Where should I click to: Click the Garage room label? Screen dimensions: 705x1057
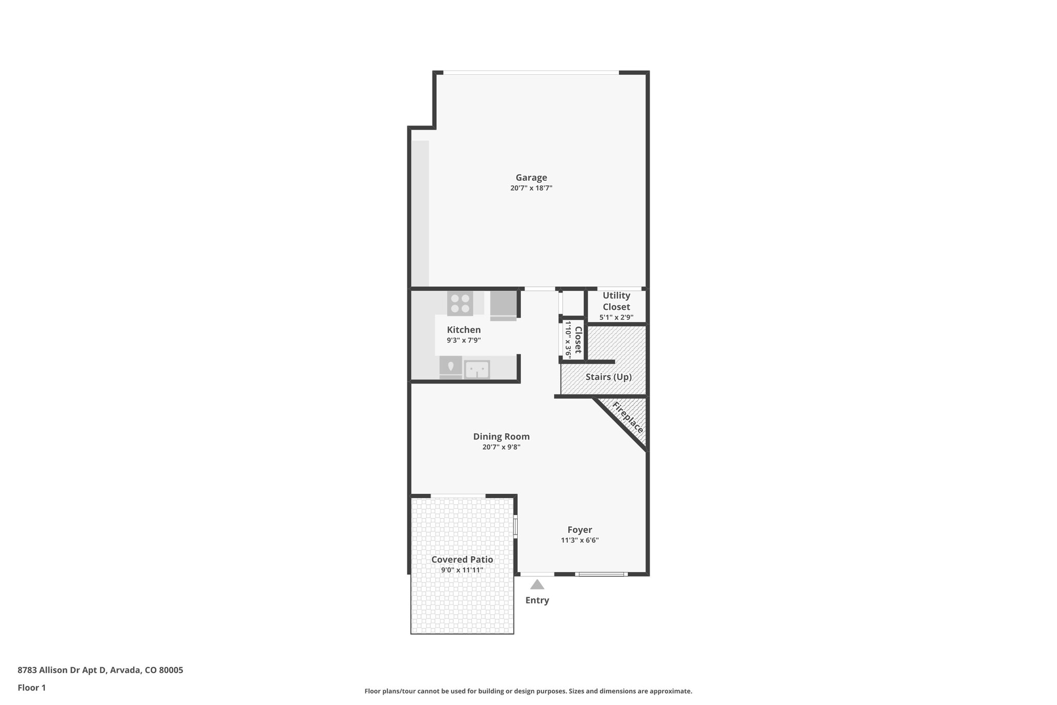531,178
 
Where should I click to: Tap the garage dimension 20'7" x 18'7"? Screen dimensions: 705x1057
531,189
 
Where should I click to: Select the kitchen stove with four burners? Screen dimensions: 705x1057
460,303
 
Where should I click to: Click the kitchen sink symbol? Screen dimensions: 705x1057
477,369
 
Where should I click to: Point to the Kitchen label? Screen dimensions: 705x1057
463,330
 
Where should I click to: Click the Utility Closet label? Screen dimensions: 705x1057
616,301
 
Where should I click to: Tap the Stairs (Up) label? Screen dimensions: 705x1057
608,377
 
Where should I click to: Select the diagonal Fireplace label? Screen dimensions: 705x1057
628,418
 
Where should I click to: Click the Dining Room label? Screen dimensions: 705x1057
501,436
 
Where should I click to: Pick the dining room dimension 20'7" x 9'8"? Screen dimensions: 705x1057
501,447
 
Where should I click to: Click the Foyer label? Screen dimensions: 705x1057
580,529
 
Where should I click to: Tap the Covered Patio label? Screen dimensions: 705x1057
462,559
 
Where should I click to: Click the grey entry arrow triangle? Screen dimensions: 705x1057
537,585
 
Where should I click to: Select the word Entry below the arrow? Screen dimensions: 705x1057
537,600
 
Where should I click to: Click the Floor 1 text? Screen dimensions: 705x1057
31,687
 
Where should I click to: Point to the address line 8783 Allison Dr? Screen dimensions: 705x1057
100,670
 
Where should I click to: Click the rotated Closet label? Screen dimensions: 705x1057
578,340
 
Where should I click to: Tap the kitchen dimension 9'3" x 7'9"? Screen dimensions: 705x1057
463,340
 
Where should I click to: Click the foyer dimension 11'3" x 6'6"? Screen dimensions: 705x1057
580,540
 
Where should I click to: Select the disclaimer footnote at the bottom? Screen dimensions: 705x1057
528,691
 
